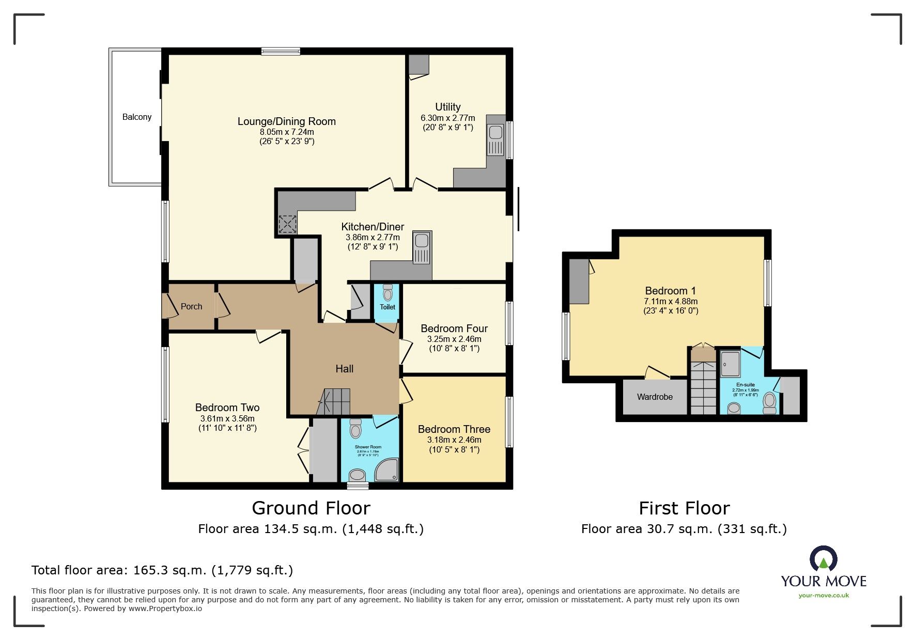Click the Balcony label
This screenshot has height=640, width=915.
coord(137,117)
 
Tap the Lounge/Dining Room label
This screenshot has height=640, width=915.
coord(287,121)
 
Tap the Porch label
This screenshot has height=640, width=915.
coord(191,306)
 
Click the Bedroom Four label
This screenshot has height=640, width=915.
coord(454,329)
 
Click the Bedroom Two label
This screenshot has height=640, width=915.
coord(227,408)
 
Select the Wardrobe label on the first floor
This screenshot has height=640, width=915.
coord(655,397)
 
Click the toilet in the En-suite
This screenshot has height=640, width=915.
coord(770,402)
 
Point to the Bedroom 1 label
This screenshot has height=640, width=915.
coord(670,291)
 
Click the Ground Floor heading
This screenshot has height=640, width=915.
coord(311,508)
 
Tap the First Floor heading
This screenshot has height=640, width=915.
coord(684,508)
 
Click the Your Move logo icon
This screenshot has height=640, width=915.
coord(823,559)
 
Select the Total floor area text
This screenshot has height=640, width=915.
coord(162,570)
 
